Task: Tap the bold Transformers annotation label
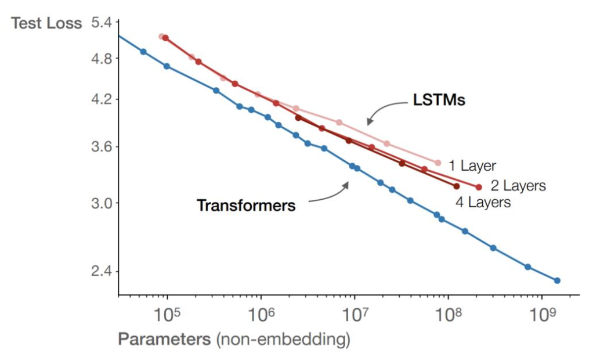pos(246,205)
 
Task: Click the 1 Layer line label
pos(472,167)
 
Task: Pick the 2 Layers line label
pos(518,186)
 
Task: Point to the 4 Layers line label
pos(483,203)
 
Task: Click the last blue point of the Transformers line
pos(557,280)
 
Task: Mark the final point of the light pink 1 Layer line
pos(437,163)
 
